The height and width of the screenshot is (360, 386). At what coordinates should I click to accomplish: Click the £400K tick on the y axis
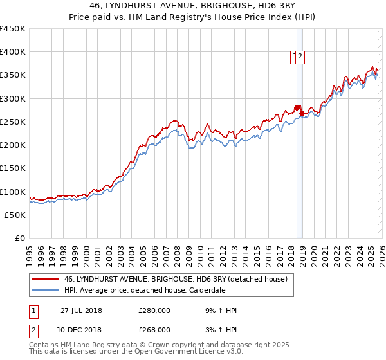(13, 52)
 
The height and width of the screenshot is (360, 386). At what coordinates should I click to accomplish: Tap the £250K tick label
(13, 122)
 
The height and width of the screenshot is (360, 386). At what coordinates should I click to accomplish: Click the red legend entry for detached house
(179, 279)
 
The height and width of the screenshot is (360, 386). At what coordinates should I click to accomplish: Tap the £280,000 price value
(154, 310)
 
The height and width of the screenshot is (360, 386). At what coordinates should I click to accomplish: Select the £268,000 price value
(154, 330)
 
